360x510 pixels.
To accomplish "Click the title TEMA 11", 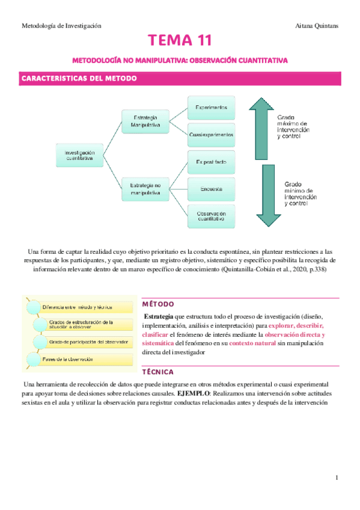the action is pos(180,41).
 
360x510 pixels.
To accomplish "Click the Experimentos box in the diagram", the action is pos(211,107).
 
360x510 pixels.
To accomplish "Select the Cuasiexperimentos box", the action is pos(211,134).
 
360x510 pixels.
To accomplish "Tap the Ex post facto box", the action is pos(211,163).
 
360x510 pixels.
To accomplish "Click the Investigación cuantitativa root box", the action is pos(79,156).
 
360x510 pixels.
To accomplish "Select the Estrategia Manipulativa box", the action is pos(145,121).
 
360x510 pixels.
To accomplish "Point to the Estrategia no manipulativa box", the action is pos(145,189).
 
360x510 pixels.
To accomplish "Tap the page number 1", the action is pos(337,478).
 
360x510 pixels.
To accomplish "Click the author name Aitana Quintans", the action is pos(317,26).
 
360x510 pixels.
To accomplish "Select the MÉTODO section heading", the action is pos(159,304).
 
